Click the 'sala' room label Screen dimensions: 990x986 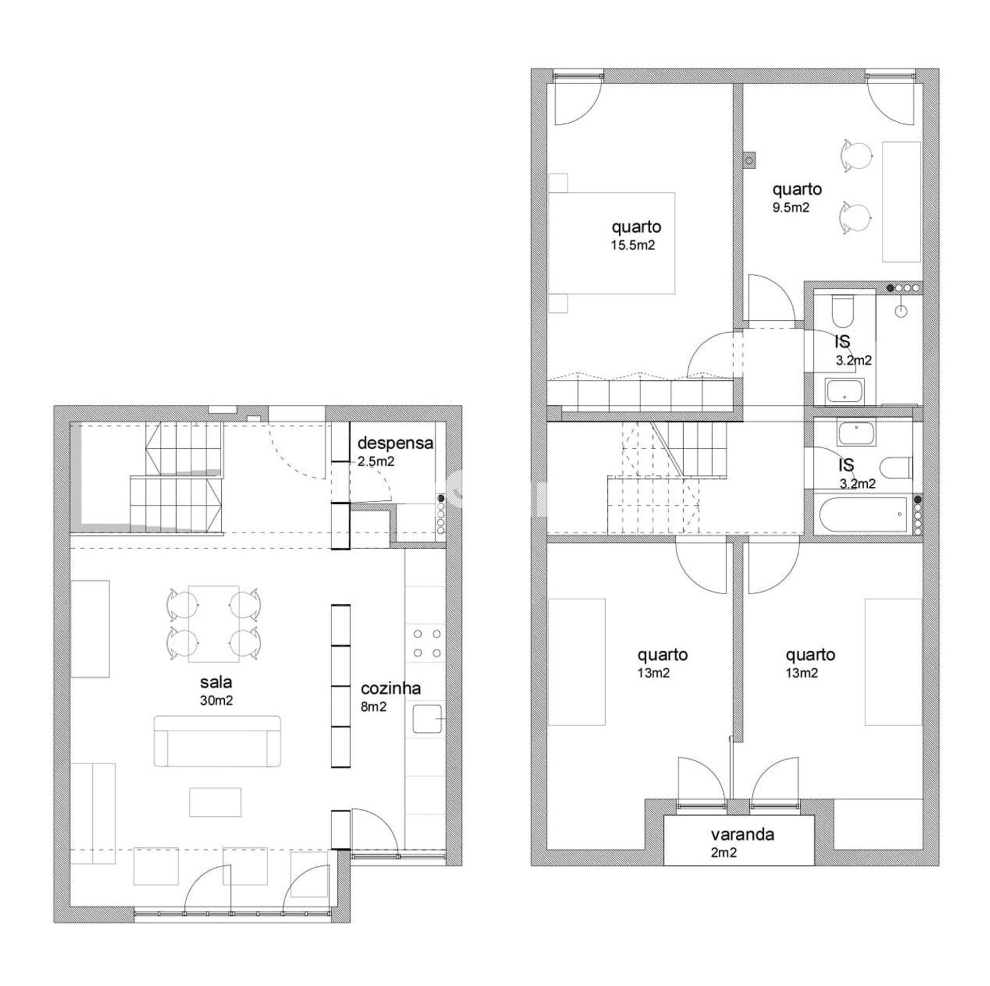coord(216,682)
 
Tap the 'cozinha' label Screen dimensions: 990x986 coord(390,688)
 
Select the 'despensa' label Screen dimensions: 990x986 coord(395,443)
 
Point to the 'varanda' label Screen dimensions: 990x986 coord(742,834)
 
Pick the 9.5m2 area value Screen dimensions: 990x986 coord(790,207)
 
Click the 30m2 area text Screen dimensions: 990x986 coord(216,700)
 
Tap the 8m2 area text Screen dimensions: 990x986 coord(373,706)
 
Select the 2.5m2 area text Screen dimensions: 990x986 coord(376,461)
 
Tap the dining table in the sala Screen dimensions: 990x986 coord(213,623)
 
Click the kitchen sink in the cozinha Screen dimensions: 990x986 coord(427,719)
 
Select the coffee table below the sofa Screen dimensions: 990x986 coord(215,802)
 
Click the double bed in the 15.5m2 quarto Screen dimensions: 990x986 coord(612,243)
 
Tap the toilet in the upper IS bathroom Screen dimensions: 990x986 coord(844,311)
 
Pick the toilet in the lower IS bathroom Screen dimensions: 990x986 coord(896,468)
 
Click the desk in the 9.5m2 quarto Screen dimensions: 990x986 coord(901,202)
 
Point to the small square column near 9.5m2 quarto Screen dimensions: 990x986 coord(749,160)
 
